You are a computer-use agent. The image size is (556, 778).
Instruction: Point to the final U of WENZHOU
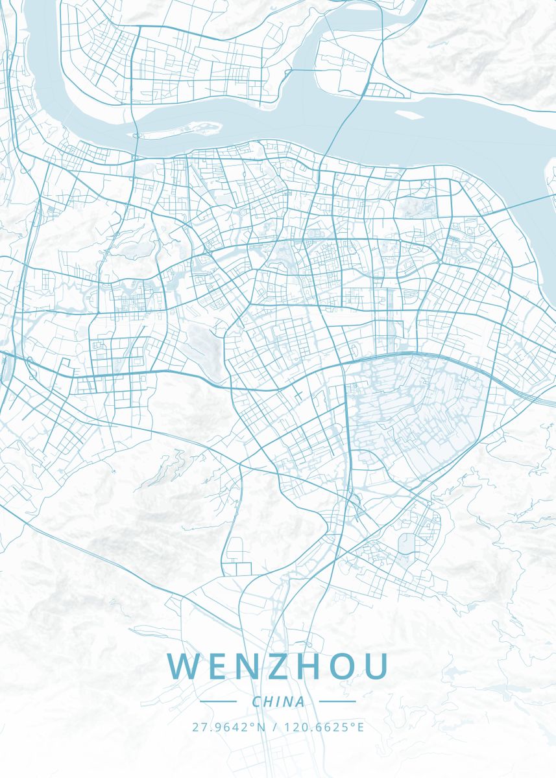376,666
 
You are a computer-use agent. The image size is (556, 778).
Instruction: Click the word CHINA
278,701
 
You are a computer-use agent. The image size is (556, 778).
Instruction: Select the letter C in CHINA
256,701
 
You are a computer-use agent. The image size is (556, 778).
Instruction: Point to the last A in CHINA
299,701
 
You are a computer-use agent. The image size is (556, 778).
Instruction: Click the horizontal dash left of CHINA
219,701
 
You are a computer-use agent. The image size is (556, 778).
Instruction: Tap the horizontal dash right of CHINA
337,701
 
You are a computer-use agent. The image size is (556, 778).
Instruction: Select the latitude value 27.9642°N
229,727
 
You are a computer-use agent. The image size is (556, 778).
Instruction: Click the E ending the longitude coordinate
361,727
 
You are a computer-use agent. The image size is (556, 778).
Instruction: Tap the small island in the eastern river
407,115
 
